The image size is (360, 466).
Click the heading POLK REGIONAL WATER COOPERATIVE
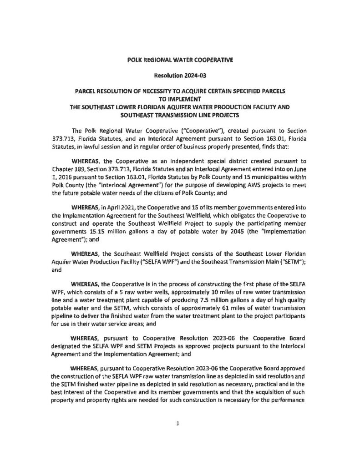(x=180, y=60)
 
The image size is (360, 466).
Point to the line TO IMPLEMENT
(x=180, y=99)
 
